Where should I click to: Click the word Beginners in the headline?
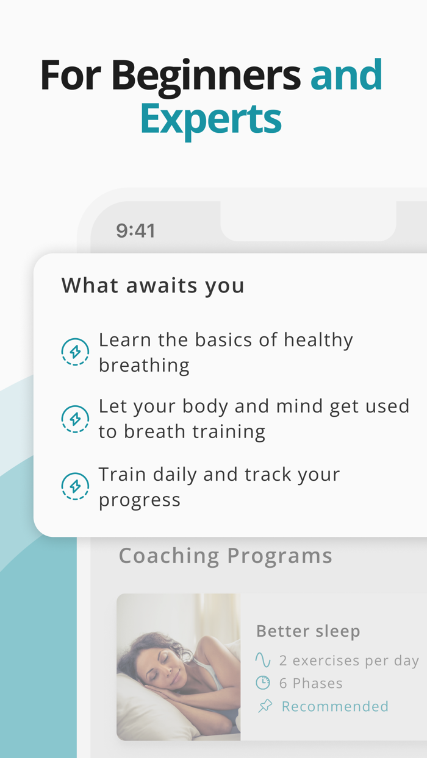(206, 76)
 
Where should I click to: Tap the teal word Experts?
(210, 119)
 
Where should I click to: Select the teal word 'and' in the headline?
(346, 76)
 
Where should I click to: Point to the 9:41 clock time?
(135, 231)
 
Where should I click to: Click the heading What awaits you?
(153, 285)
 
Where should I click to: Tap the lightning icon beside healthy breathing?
(76, 352)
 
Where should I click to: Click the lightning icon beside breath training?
(76, 419)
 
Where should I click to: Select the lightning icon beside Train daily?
(76, 486)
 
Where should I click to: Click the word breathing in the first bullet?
(144, 365)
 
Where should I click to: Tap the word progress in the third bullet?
(140, 500)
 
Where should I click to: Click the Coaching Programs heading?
(225, 556)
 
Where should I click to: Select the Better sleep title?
(308, 631)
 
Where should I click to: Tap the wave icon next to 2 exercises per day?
(263, 661)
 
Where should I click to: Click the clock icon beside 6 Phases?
(263, 683)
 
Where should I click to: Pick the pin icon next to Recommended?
(265, 706)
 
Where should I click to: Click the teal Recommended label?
(335, 706)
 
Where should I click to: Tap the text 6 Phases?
(310, 683)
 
